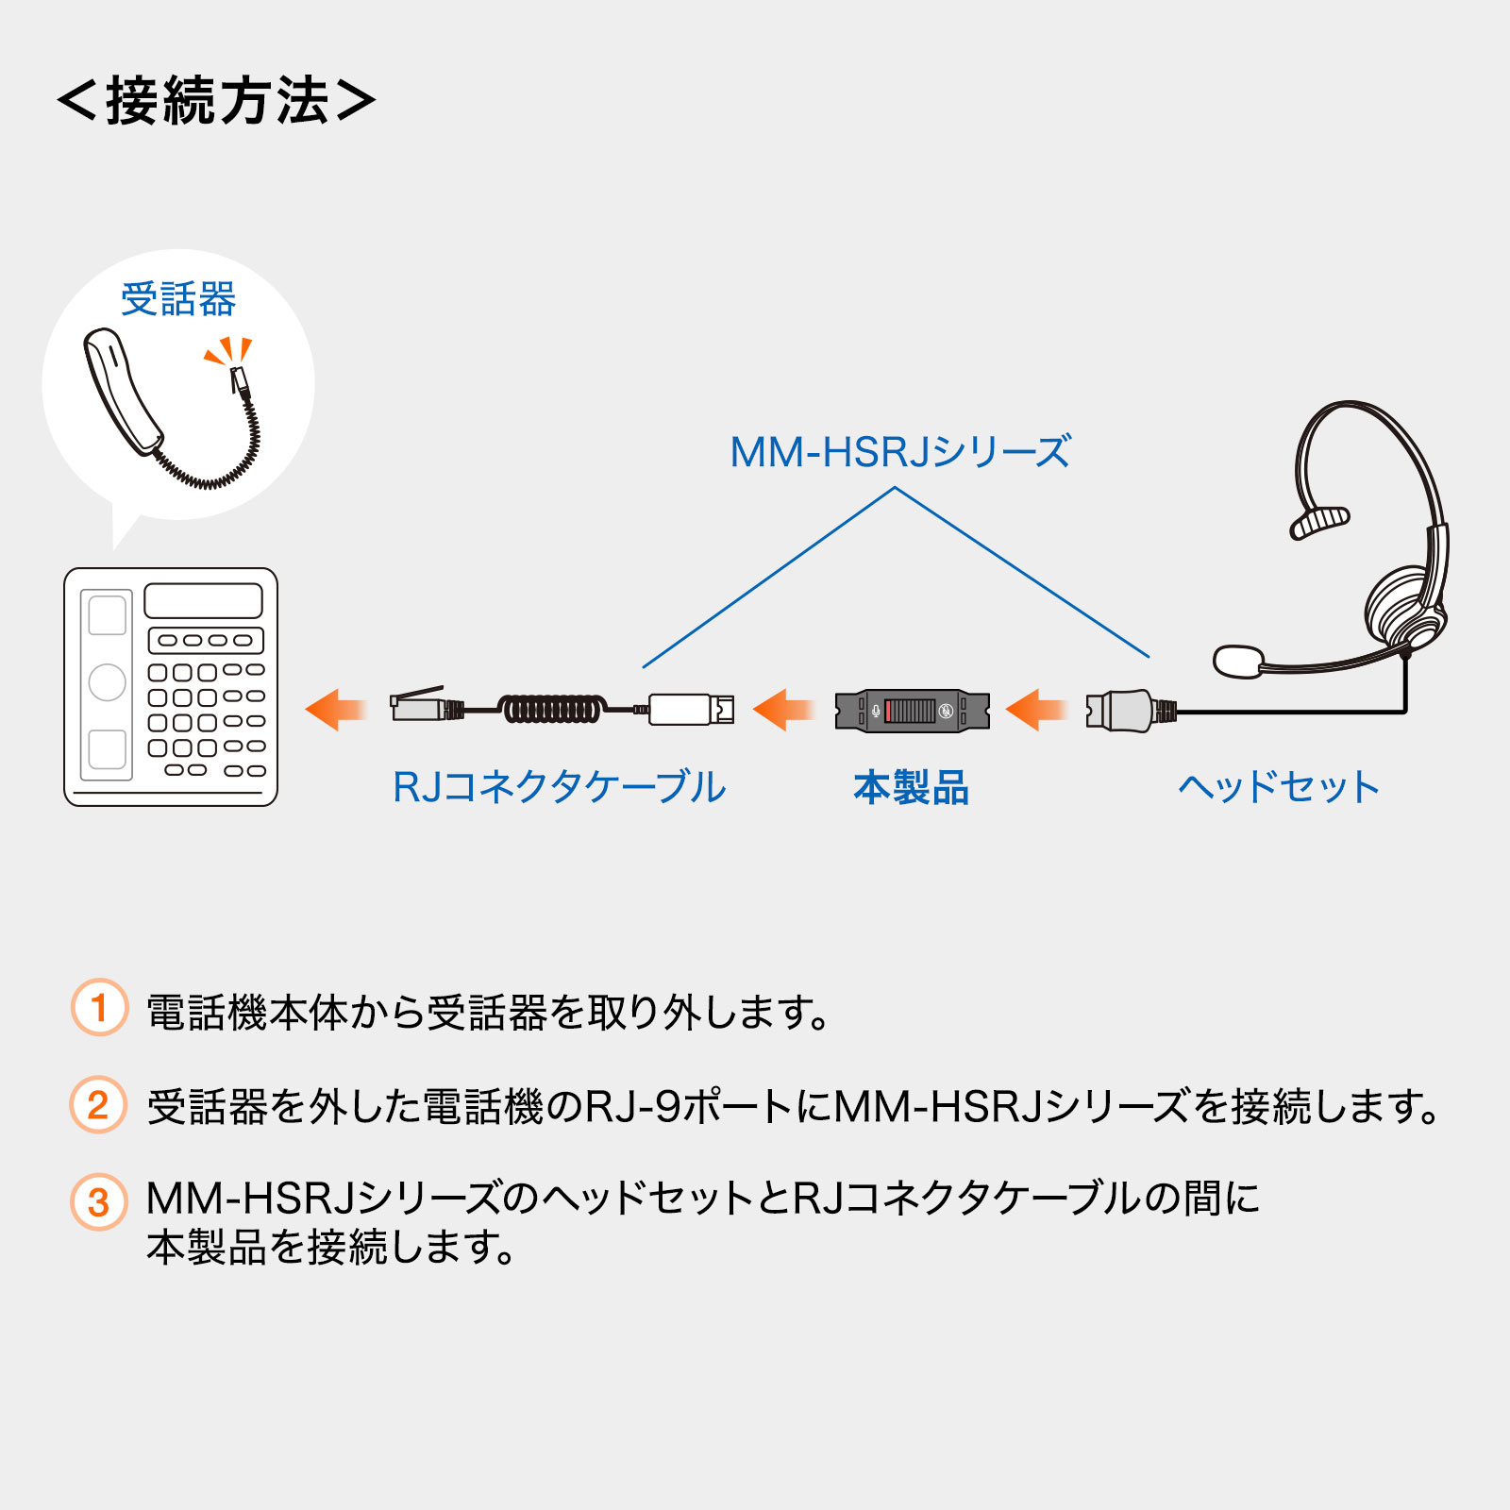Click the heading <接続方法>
pyautogui.click(x=216, y=100)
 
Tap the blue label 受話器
pyautogui.click(x=178, y=299)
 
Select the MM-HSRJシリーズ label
pyautogui.click(x=900, y=452)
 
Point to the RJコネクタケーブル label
pyautogui.click(x=559, y=786)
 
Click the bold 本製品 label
pyautogui.click(x=911, y=787)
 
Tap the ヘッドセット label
pyautogui.click(x=1279, y=786)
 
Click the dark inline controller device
pyautogui.click(x=912, y=711)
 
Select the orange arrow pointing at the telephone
pyautogui.click(x=335, y=710)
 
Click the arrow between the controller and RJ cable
pyautogui.click(x=783, y=710)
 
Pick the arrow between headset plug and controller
pyautogui.click(x=1036, y=710)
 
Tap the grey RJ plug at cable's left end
pyautogui.click(x=418, y=706)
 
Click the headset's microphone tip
pyautogui.click(x=1237, y=661)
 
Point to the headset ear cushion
pyautogui.click(x=1402, y=606)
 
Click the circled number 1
pyautogui.click(x=99, y=1008)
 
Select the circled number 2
pyautogui.click(x=98, y=1104)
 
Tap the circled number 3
pyautogui.click(x=98, y=1201)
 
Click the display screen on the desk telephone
pyautogui.click(x=203, y=600)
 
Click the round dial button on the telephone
pyautogui.click(x=107, y=681)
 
